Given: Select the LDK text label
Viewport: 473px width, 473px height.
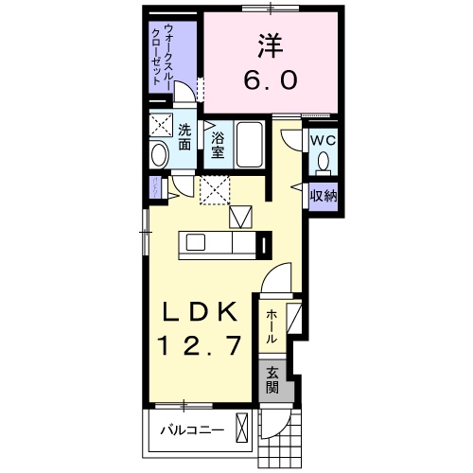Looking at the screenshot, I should point(202,312).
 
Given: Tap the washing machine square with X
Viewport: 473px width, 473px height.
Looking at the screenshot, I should point(160,125).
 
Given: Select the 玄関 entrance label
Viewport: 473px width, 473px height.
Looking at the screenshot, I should point(272,379).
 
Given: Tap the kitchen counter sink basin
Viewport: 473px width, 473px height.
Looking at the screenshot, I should point(195,243).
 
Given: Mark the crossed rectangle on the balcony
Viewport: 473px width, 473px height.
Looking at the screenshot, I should point(243,430).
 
